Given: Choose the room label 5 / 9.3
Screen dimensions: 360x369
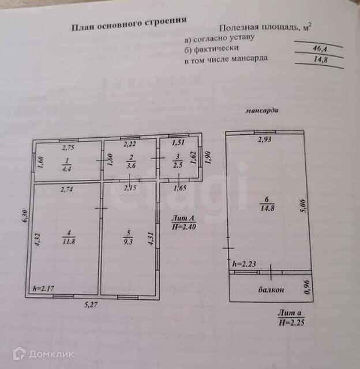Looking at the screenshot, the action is coord(129,238).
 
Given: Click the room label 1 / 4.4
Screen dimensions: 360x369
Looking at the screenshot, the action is coord(66,165).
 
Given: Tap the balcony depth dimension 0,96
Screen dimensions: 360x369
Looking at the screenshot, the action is coord(306,287).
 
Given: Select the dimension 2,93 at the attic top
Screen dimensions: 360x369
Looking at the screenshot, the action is coord(264,140).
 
